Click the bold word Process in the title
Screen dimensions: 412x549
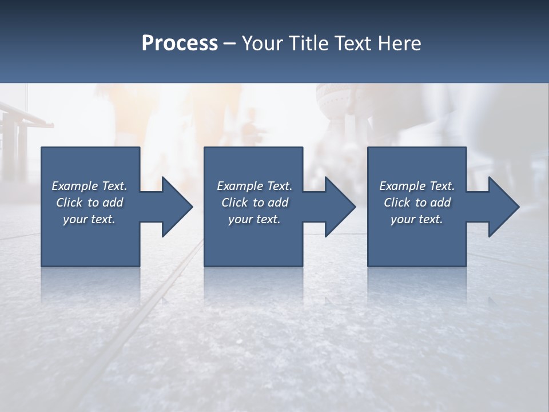click(x=180, y=43)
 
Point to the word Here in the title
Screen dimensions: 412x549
click(x=400, y=43)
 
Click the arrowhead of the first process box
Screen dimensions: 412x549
click(x=176, y=207)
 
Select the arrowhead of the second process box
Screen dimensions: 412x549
click(x=339, y=207)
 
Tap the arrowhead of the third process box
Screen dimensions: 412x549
click(x=503, y=207)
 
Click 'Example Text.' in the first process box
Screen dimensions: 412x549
click(x=89, y=186)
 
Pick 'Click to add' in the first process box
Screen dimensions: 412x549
click(x=89, y=203)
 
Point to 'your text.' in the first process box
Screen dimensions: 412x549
click(x=89, y=219)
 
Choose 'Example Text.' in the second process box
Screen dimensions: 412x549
click(x=254, y=186)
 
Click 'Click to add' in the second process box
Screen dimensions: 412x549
click(x=254, y=203)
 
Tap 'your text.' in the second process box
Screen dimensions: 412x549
click(x=254, y=219)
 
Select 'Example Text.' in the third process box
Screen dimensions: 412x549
click(x=417, y=186)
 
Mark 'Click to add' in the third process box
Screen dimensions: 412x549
click(x=417, y=203)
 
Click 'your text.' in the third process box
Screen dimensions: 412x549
click(x=417, y=219)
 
